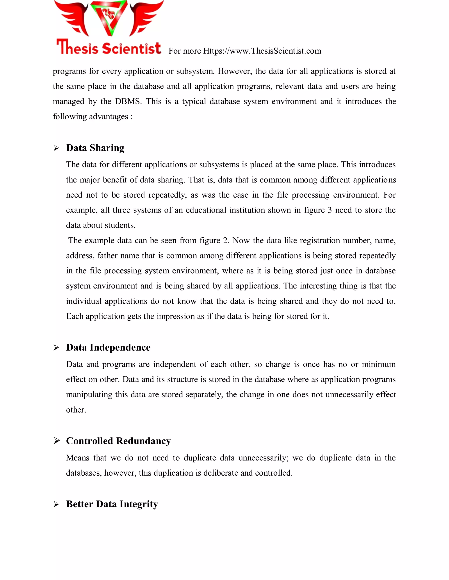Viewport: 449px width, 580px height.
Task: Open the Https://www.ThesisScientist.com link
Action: [262, 51]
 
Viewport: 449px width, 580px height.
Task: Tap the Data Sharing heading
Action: [95, 148]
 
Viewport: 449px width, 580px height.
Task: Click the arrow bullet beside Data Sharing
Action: [56, 148]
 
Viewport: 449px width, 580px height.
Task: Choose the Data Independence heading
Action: [108, 347]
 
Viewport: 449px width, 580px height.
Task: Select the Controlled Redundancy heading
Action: [118, 441]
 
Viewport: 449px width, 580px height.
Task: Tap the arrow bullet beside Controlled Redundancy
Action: [56, 441]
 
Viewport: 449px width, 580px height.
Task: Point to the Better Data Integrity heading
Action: [112, 504]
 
